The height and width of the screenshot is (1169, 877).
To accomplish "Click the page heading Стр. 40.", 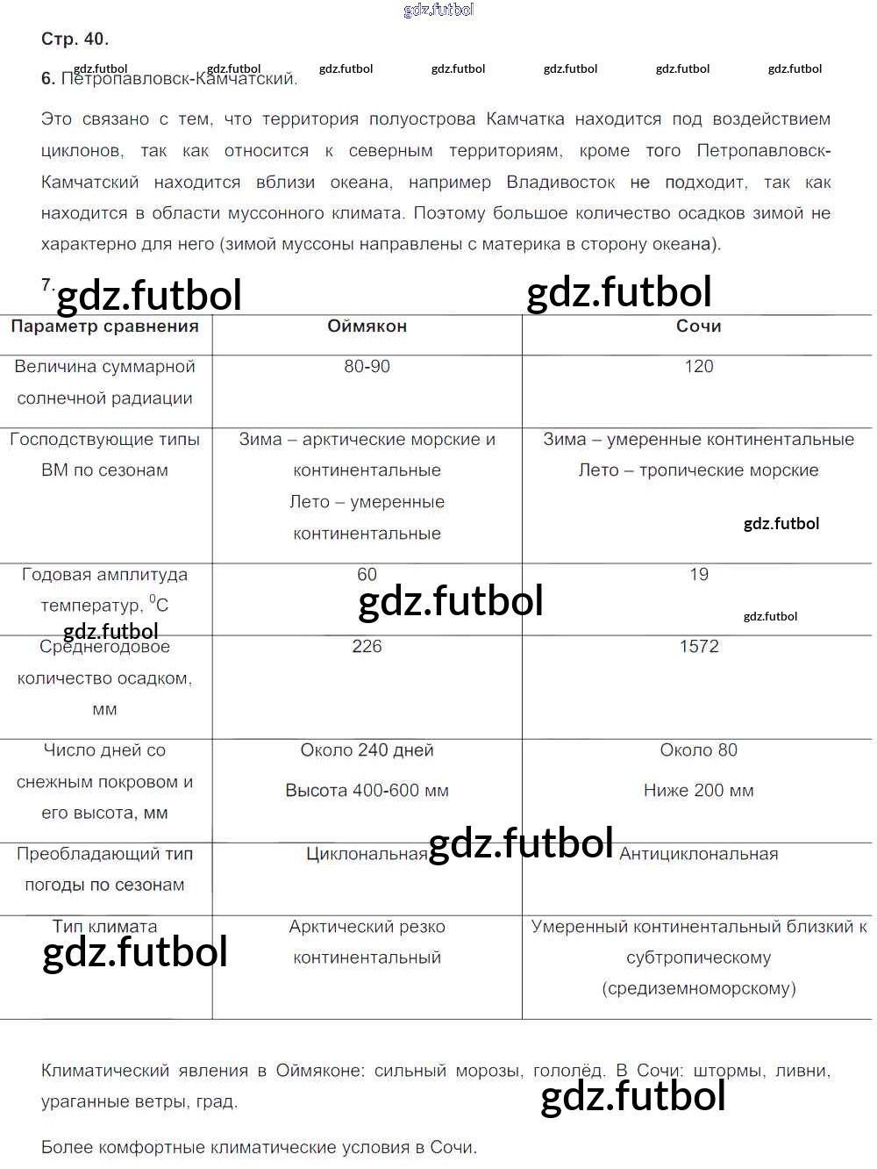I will tap(75, 39).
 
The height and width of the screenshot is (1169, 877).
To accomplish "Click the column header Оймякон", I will tap(367, 326).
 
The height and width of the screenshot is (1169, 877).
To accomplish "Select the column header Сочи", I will tap(698, 326).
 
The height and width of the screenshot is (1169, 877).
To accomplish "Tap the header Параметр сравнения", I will tap(104, 326).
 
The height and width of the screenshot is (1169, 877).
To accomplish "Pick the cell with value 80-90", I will tap(367, 366).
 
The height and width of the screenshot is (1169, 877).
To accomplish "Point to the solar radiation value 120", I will tap(698, 366).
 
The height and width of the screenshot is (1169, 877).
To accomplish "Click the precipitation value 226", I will tap(367, 646).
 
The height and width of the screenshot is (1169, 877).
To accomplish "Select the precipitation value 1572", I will tap(698, 646).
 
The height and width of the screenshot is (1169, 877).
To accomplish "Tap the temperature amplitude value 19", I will tap(698, 574).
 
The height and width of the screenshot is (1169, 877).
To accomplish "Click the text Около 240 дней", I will tap(367, 749).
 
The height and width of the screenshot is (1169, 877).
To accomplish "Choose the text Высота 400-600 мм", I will tap(367, 790).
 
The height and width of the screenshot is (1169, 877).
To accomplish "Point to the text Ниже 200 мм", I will tap(698, 790).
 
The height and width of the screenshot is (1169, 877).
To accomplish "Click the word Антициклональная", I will tap(698, 854).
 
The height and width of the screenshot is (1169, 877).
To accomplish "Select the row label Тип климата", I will tap(104, 926).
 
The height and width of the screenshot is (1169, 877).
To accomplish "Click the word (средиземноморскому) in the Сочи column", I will tap(698, 988).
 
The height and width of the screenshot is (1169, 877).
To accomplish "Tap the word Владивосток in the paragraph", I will tap(560, 182).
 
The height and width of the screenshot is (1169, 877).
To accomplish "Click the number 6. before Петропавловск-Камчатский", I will tap(47, 79).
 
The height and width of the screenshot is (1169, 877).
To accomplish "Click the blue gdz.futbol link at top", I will tap(438, 10).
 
